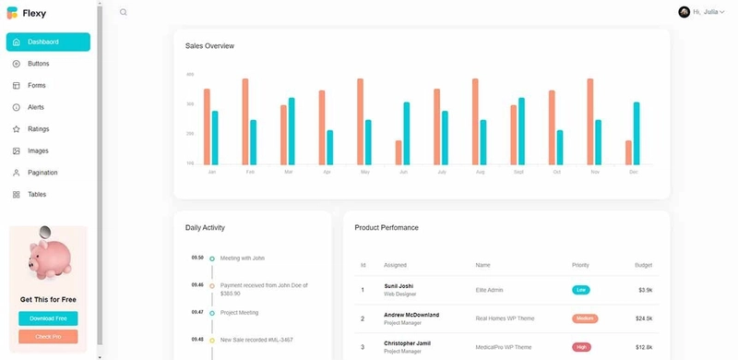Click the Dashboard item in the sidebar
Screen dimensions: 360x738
pyautogui.click(x=48, y=42)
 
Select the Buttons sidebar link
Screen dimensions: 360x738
pyautogui.click(x=38, y=64)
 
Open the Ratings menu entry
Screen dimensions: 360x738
pyautogui.click(x=38, y=129)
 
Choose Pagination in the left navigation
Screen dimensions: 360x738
pyautogui.click(x=42, y=173)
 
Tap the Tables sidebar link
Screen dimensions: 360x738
pyautogui.click(x=37, y=195)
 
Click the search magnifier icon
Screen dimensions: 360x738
pyautogui.click(x=124, y=12)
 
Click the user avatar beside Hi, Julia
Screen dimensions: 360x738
pyautogui.click(x=684, y=12)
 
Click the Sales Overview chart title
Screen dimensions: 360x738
pyautogui.click(x=209, y=46)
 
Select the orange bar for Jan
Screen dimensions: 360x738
pyautogui.click(x=207, y=126)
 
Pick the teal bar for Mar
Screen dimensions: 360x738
pyautogui.click(x=292, y=131)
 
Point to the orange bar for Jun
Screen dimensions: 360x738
pyautogui.click(x=399, y=152)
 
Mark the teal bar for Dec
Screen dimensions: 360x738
pyautogui.click(x=637, y=133)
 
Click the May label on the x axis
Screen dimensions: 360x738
pyautogui.click(x=365, y=173)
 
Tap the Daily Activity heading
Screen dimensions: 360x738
pyautogui.click(x=205, y=227)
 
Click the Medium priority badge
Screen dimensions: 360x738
pyautogui.click(x=584, y=318)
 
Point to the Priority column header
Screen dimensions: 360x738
pyautogui.click(x=580, y=265)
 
